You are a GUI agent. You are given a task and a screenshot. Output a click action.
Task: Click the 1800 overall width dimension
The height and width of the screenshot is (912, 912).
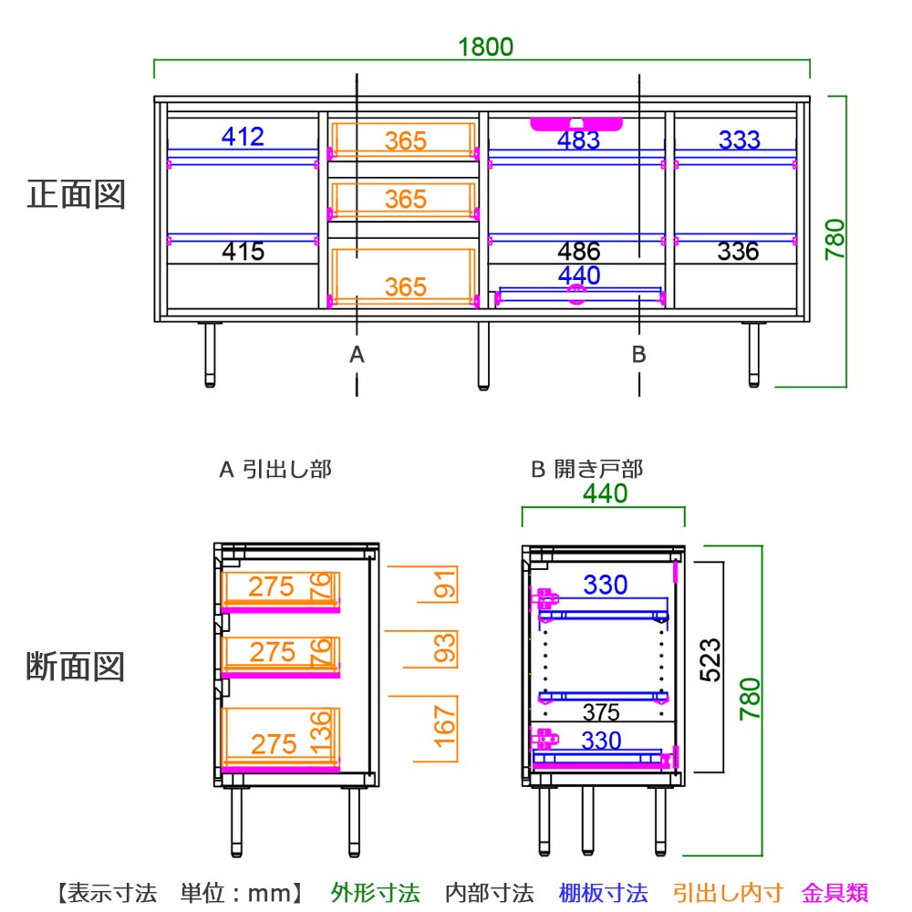(x=486, y=47)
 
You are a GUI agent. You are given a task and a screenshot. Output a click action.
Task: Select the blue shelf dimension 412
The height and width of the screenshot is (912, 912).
(x=243, y=137)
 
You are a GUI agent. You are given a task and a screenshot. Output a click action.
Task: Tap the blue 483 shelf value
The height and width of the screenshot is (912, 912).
(x=579, y=140)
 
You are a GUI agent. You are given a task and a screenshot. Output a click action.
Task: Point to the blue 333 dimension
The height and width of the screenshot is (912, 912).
(x=739, y=140)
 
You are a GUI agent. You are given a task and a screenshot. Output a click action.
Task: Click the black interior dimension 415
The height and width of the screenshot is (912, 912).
(x=243, y=251)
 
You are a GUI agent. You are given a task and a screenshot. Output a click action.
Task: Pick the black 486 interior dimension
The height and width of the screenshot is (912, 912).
(x=579, y=251)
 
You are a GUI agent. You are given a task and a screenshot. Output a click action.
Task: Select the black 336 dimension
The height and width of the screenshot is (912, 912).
(x=739, y=251)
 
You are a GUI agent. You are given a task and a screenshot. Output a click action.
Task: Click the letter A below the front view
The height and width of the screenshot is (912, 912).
(x=357, y=355)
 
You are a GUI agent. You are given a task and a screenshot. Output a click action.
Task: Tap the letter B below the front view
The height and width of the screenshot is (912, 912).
(x=639, y=355)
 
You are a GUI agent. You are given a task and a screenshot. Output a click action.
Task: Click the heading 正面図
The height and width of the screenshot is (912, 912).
(x=76, y=194)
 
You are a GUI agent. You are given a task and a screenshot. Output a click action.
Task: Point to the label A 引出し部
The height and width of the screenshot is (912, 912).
(x=275, y=470)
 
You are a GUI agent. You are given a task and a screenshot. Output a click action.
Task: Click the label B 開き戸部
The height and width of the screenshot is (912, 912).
(x=587, y=470)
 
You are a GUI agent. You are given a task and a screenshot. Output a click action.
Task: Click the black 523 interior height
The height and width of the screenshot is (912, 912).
(x=710, y=659)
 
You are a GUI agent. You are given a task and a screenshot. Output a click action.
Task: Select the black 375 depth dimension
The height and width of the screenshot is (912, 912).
(x=601, y=712)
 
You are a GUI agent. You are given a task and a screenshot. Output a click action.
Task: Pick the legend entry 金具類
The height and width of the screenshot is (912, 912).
(x=834, y=892)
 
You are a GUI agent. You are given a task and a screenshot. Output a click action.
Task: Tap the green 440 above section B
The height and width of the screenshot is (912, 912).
(x=605, y=493)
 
